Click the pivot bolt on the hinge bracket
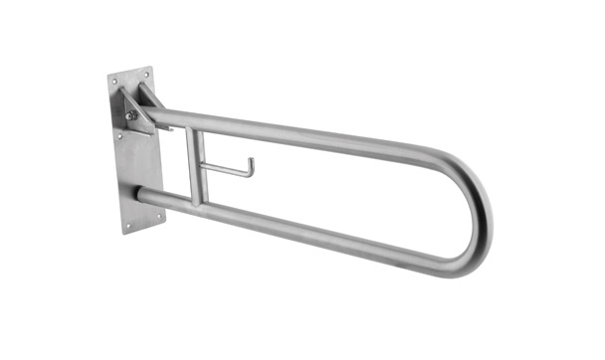pos(131,115)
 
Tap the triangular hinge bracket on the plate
pos(137,108)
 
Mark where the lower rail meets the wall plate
pos(145,195)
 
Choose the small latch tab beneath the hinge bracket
pos(164,127)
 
